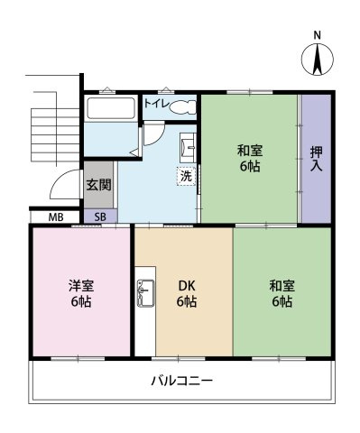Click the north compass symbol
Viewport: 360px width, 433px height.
(x=318, y=60)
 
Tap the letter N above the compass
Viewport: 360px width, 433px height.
(x=318, y=35)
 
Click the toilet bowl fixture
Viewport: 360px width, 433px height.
(x=182, y=106)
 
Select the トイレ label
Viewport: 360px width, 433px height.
(x=155, y=104)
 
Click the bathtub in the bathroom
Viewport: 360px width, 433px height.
(x=111, y=108)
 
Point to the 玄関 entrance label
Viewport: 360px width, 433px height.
(x=99, y=185)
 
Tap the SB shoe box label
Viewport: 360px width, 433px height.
(x=100, y=216)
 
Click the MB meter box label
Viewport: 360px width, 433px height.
(x=56, y=216)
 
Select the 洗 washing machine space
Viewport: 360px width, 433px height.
(x=186, y=176)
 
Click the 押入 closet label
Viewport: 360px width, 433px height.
(x=316, y=159)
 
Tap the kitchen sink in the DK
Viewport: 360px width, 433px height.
(x=145, y=293)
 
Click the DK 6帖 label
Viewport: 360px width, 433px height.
(x=187, y=293)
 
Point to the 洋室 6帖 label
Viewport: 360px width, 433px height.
(x=81, y=293)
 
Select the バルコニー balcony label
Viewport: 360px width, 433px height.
(x=182, y=381)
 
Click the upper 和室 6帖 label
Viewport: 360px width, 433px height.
(x=250, y=158)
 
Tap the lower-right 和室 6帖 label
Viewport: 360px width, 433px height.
(x=282, y=293)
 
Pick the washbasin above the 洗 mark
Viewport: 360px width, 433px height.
(x=188, y=144)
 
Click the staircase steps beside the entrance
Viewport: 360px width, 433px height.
(x=55, y=135)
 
